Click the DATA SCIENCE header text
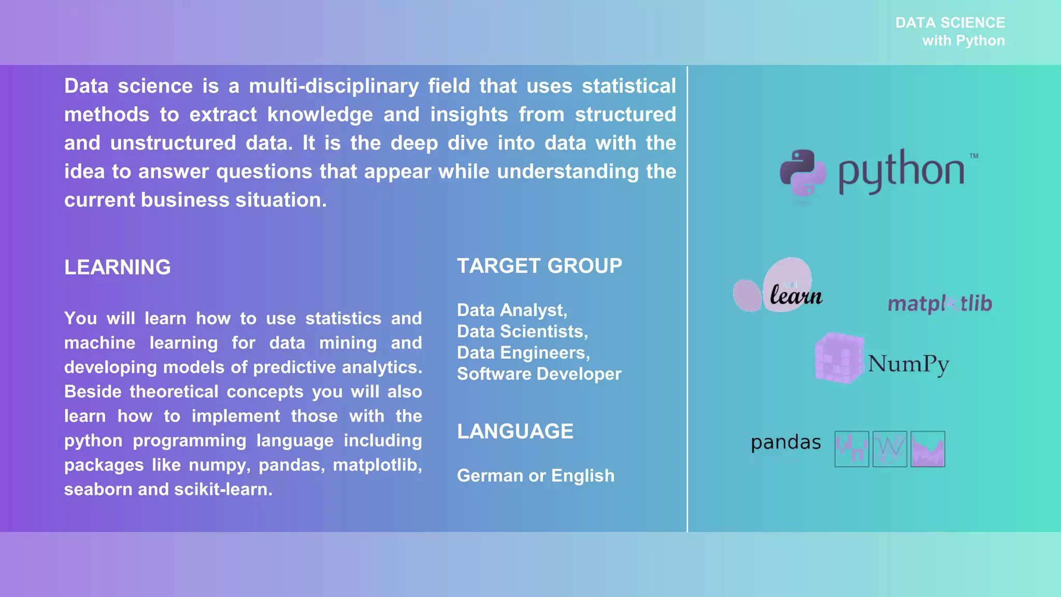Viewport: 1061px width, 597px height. tap(950, 23)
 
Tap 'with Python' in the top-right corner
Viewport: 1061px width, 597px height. tap(963, 40)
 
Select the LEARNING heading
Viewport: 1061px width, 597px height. tap(117, 267)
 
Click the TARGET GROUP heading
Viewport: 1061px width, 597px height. tap(539, 266)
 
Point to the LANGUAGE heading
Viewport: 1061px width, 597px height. tap(515, 431)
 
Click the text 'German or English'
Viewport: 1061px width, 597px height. tap(536, 476)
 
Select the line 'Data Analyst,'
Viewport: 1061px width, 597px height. tap(512, 310)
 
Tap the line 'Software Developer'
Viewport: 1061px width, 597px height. tap(539, 374)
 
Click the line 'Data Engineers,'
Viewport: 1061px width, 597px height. tap(523, 352)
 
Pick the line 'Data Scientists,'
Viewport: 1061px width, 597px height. tap(522, 331)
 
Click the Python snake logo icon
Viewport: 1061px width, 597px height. tap(803, 173)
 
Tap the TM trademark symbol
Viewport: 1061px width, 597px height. tap(973, 156)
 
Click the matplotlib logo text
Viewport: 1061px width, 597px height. tap(940, 303)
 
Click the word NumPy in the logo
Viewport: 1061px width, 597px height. tap(909, 364)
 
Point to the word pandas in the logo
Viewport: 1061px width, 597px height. tap(785, 443)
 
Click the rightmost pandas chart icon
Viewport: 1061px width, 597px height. tap(927, 449)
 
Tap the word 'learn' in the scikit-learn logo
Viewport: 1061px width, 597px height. tap(796, 295)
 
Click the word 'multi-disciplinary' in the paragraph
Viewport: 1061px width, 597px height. tap(334, 86)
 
